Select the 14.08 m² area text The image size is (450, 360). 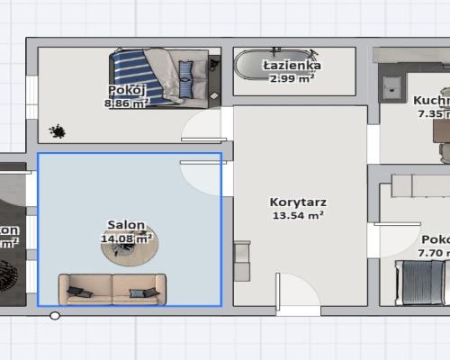coord(126,238)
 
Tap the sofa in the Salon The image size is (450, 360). coord(112,288)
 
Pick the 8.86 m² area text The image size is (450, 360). coord(126,103)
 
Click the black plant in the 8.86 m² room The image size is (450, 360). coord(58,131)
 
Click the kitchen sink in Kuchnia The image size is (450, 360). coord(392,87)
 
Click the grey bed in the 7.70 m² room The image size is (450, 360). coord(423,282)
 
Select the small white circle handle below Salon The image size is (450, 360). coord(55,316)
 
